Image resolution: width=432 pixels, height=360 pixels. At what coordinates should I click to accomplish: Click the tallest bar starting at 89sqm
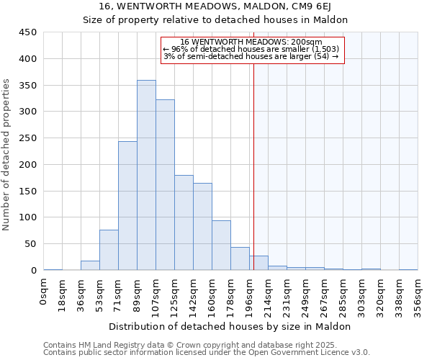pyautogui.click(x=146, y=175)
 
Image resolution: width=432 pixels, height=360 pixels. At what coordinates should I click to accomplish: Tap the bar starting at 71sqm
pyautogui.click(x=127, y=206)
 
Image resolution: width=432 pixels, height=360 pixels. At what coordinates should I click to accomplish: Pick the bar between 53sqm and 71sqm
pyautogui.click(x=109, y=250)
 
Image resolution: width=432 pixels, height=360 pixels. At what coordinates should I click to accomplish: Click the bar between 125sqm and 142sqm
pyautogui.click(x=184, y=222)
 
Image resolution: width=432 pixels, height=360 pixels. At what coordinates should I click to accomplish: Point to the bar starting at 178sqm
pyautogui.click(x=240, y=258)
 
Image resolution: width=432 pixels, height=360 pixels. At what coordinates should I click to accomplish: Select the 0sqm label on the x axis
pyautogui.click(x=44, y=293)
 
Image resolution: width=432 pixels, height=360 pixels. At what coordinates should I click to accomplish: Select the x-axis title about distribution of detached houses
pyautogui.click(x=230, y=326)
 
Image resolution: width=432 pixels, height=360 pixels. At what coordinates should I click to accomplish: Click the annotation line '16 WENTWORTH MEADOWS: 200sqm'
pyautogui.click(x=251, y=42)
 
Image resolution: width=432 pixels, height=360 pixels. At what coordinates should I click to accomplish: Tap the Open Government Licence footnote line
pyautogui.click(x=207, y=352)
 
